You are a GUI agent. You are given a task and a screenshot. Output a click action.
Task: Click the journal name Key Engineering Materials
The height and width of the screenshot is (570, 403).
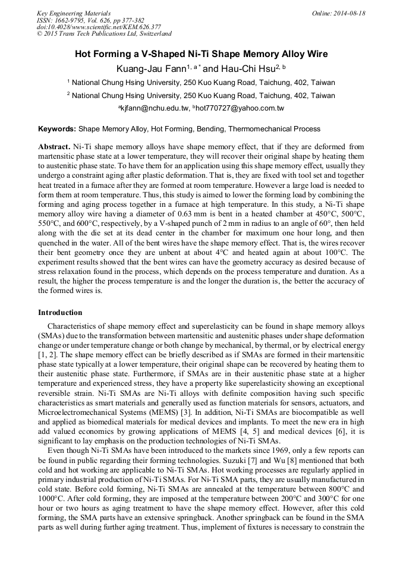pos(74,13)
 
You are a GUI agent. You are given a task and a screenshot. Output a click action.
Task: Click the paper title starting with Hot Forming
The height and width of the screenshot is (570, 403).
pos(201,54)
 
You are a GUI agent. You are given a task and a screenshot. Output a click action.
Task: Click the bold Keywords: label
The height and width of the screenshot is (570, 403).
pos(57,129)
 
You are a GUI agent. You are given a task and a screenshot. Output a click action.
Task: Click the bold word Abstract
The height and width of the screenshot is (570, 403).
pos(54,146)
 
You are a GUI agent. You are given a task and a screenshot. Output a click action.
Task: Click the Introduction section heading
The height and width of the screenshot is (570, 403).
pos(60,313)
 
